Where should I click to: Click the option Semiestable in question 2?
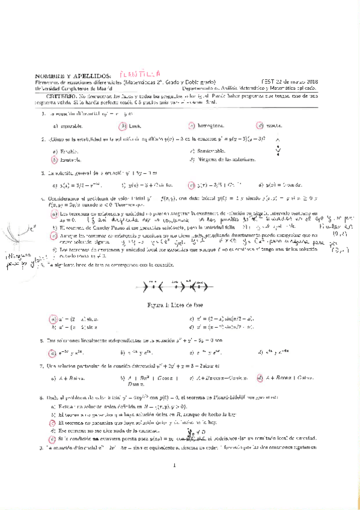tap(215, 152)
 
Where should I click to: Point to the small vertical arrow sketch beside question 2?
tap(278, 146)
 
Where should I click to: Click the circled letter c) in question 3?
tap(192, 186)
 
